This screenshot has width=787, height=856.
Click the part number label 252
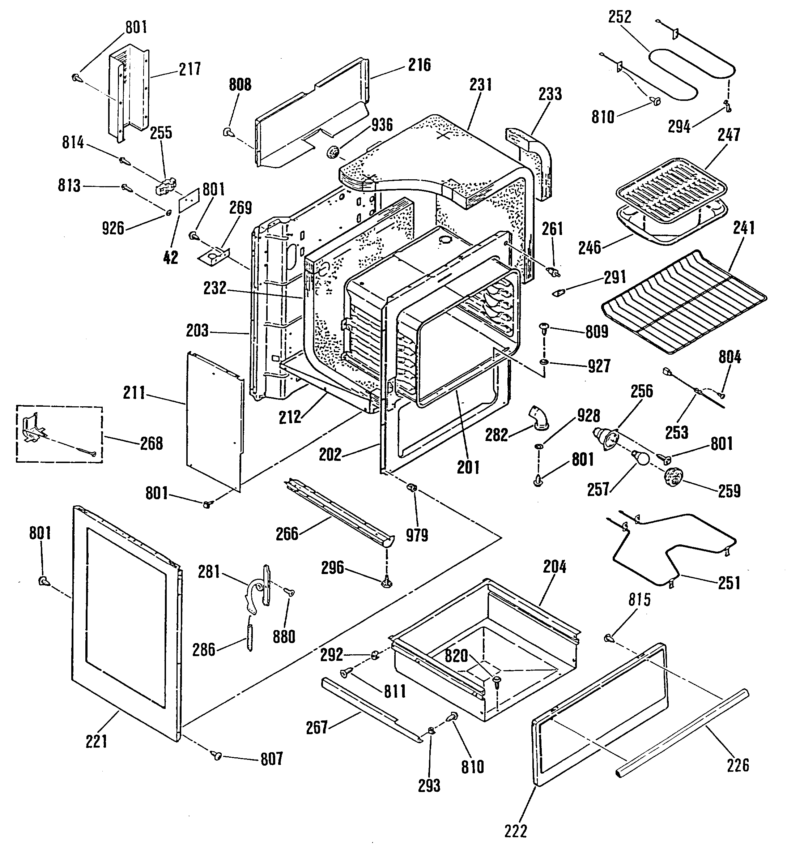pyautogui.click(x=620, y=17)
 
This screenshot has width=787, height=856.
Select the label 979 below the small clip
pyautogui.click(x=417, y=535)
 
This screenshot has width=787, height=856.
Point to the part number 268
pyautogui.click(x=152, y=443)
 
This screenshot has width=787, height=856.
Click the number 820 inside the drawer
pyautogui.click(x=456, y=656)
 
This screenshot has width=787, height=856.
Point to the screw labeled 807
pyautogui.click(x=217, y=756)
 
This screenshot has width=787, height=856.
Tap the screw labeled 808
pyautogui.click(x=228, y=132)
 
